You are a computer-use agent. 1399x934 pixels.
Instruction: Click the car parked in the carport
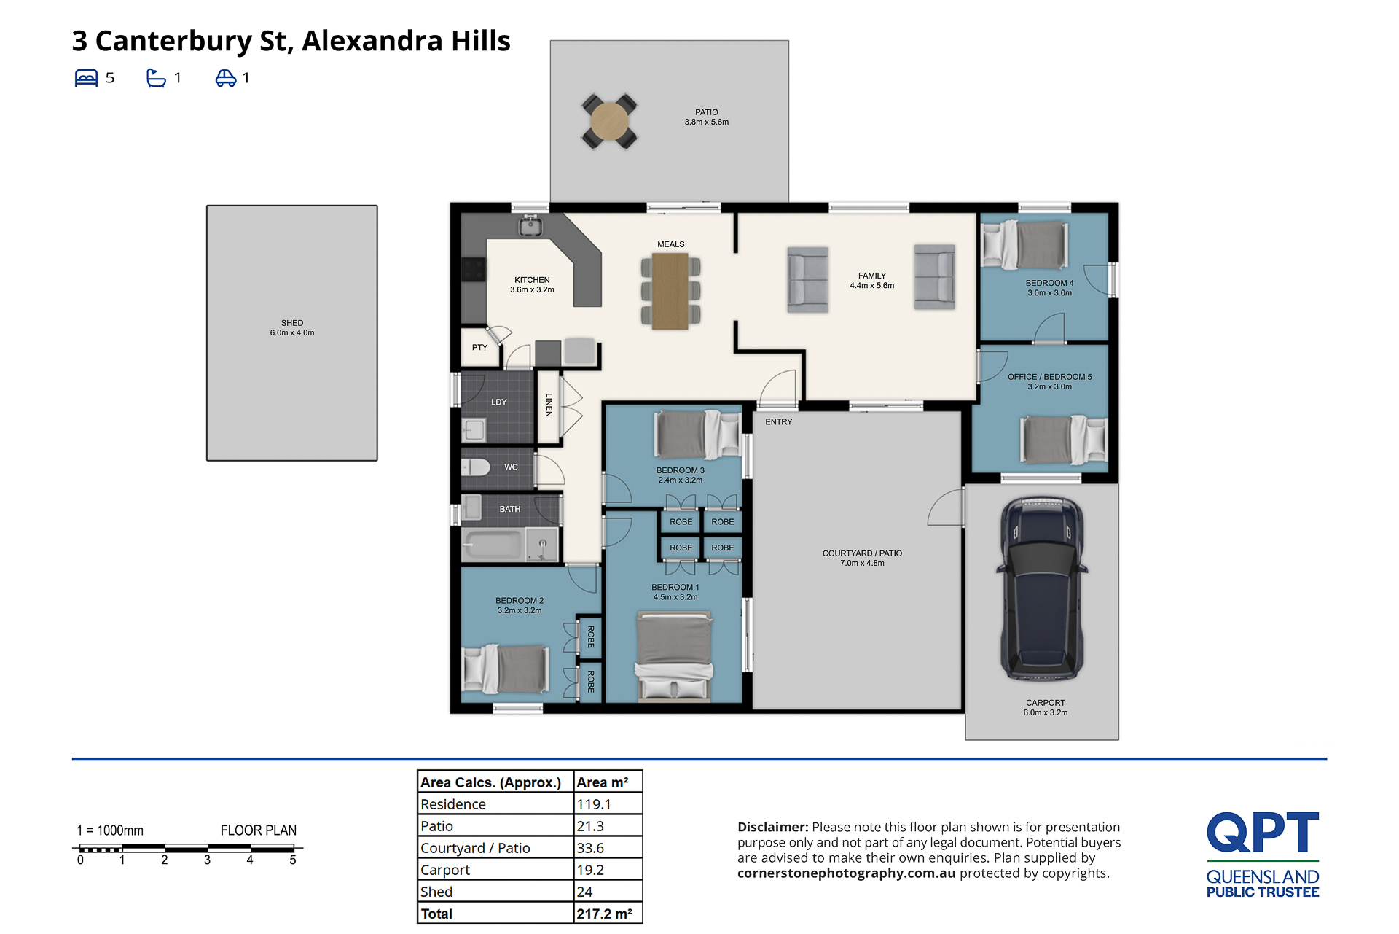pyautogui.click(x=1043, y=588)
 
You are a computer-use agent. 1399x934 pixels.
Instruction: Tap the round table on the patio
pyautogui.click(x=609, y=121)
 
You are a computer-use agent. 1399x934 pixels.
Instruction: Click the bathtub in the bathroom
pyautogui.click(x=493, y=545)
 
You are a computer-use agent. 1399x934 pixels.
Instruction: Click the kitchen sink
pyautogui.click(x=530, y=226)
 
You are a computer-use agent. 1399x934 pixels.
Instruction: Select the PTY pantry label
pyautogui.click(x=479, y=348)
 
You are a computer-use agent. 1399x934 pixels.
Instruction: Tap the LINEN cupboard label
pyautogui.click(x=549, y=405)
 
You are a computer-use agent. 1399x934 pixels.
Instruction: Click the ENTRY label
pyautogui.click(x=779, y=422)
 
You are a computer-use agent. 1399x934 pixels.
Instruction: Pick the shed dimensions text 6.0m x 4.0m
pyautogui.click(x=292, y=333)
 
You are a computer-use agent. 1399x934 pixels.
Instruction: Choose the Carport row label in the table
pyautogui.click(x=445, y=870)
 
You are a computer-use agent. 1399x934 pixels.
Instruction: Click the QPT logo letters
pyautogui.click(x=1263, y=832)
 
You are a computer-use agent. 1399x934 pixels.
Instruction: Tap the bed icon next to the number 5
pyautogui.click(x=86, y=78)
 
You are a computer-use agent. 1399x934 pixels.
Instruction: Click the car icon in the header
pyautogui.click(x=226, y=78)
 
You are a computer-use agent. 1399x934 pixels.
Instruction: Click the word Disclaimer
pyautogui.click(x=772, y=827)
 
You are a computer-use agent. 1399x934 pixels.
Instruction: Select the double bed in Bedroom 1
pyautogui.click(x=674, y=655)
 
